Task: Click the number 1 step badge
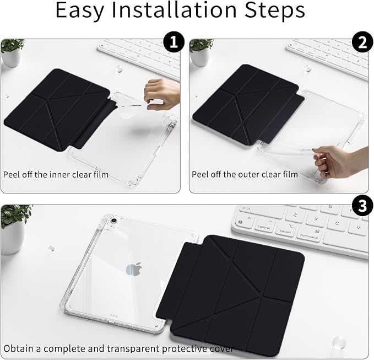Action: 174,42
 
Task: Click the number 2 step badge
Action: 362,42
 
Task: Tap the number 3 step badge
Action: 362,206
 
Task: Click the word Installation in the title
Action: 174,10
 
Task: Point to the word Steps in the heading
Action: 275,11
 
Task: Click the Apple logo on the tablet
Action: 134,269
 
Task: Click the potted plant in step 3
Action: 14,229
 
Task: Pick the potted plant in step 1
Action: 12,52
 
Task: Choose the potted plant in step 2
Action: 200,52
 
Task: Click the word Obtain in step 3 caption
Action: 19,348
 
